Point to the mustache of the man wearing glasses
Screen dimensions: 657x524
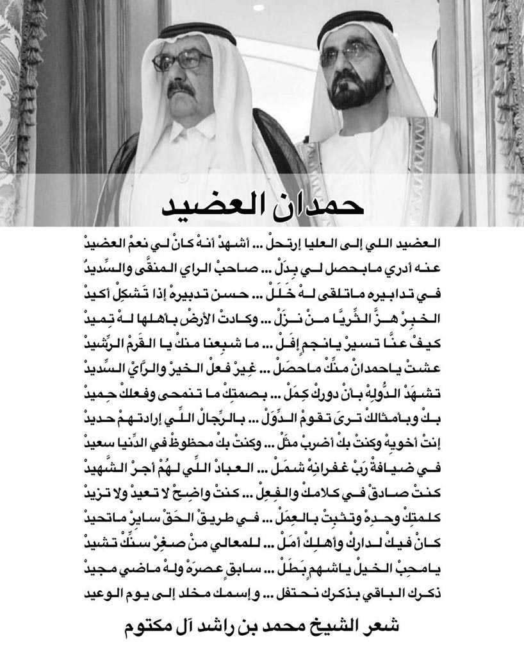point(183,88)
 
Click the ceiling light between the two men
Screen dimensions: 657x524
point(259,8)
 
